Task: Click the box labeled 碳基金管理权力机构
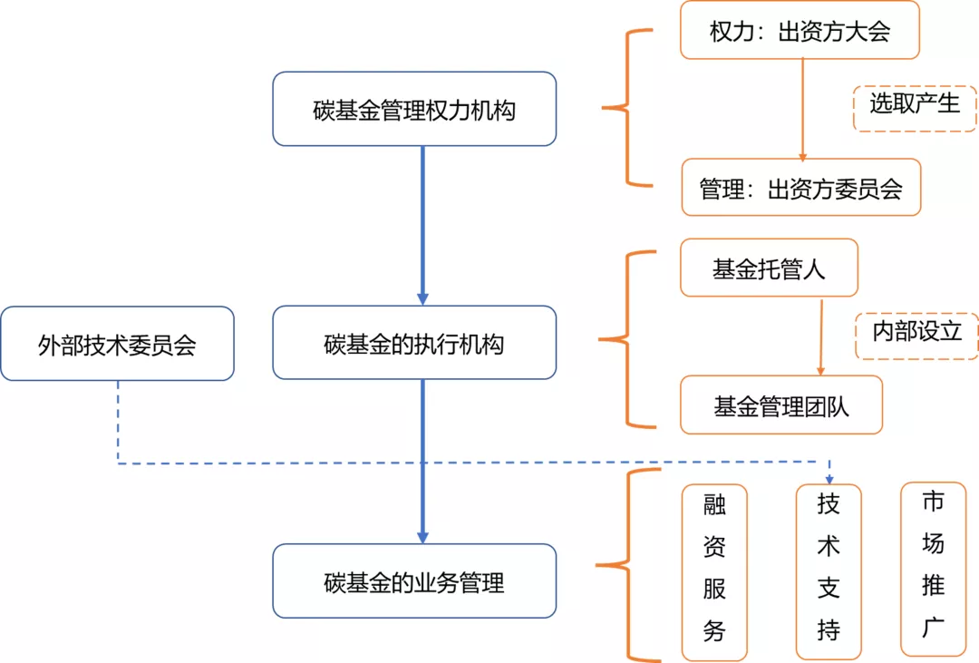tap(414, 109)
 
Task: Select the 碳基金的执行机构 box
tap(414, 343)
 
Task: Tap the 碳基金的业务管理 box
tap(414, 581)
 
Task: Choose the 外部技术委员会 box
tap(117, 344)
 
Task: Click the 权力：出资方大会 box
tap(800, 31)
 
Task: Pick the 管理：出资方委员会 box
tap(800, 188)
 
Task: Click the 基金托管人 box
tap(769, 268)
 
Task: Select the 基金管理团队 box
tap(780, 405)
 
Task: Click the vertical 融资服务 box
tap(714, 571)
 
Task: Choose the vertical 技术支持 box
tap(829, 571)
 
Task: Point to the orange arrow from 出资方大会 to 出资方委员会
tap(802, 109)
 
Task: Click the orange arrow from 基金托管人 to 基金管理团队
tap(821, 336)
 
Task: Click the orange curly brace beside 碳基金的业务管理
tap(625, 566)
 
